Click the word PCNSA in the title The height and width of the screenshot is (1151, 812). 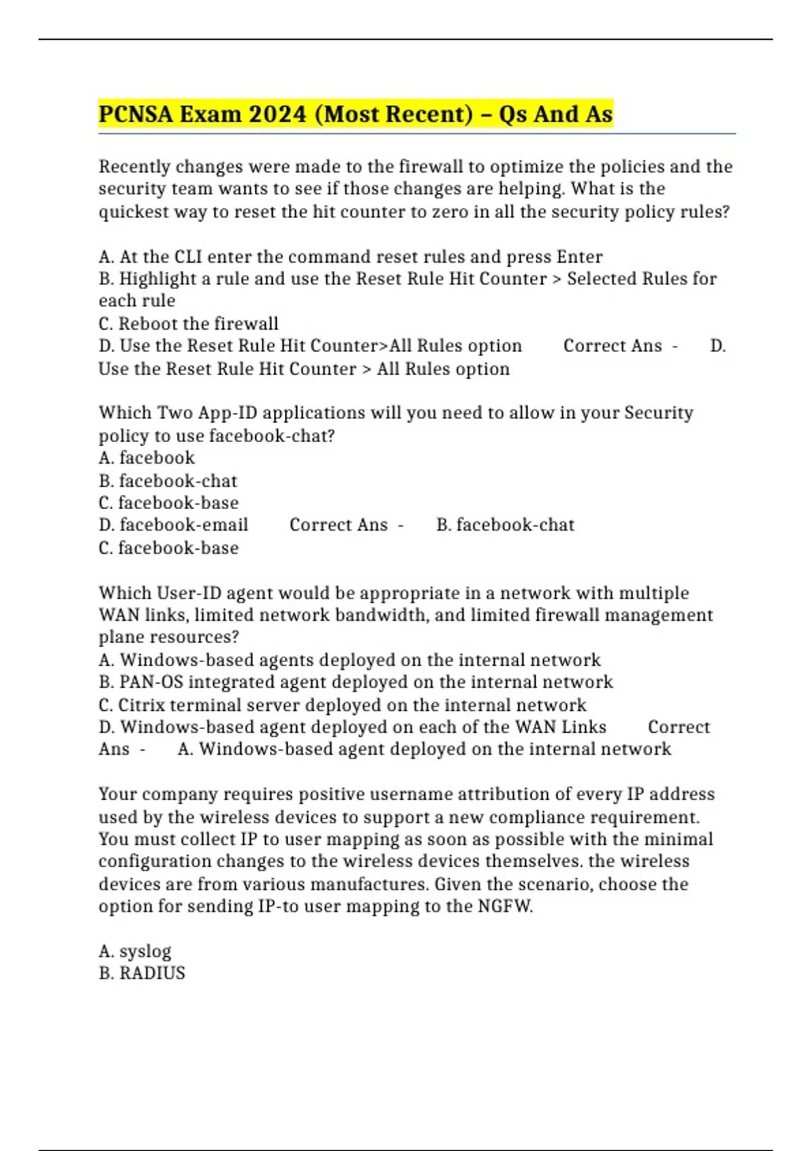(x=135, y=114)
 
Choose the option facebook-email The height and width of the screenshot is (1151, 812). (x=183, y=525)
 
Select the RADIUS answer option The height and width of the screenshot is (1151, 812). (x=152, y=974)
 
